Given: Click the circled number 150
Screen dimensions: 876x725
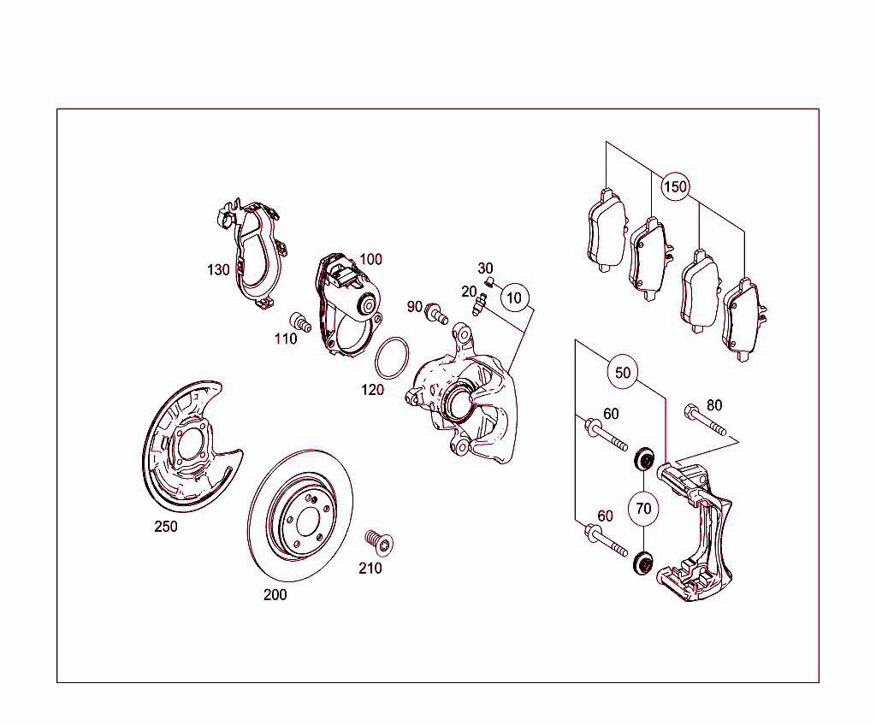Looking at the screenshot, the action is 675,186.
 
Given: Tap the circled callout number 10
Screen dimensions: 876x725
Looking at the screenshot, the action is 514,298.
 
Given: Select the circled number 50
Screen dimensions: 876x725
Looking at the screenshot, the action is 623,373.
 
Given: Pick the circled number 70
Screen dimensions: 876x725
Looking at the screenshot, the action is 643,509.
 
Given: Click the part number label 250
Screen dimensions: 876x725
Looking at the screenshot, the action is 166,526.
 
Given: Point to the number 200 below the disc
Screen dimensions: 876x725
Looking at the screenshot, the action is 275,594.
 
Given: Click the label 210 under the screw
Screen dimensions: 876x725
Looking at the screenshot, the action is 370,568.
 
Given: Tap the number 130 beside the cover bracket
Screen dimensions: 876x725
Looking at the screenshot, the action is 218,270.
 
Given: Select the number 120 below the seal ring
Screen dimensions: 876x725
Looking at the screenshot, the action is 372,389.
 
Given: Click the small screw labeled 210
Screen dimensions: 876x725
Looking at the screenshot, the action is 379,542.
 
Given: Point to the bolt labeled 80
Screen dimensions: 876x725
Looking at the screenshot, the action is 705,420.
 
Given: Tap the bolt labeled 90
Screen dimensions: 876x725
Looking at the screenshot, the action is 436,313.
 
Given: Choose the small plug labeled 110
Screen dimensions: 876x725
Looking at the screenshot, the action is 300,322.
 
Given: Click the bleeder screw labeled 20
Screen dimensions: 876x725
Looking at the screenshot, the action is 478,305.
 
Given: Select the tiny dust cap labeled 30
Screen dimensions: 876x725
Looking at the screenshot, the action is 488,281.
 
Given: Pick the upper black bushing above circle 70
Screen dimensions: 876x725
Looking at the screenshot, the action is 645,459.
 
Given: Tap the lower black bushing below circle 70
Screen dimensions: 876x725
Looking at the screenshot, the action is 642,563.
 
